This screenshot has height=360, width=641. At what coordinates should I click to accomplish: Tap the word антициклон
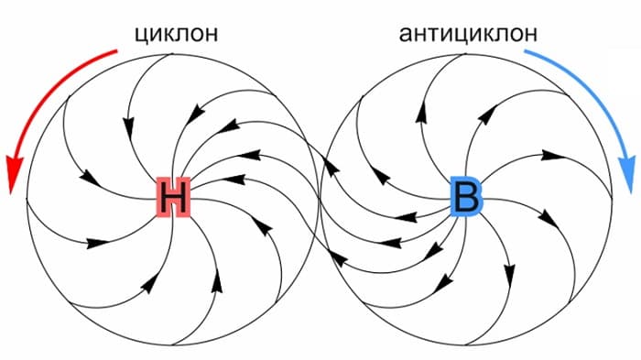coord(468,35)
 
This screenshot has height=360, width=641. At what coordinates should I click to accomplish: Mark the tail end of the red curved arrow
coord(116,53)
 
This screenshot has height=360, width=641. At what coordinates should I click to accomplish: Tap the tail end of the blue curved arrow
coord(525,53)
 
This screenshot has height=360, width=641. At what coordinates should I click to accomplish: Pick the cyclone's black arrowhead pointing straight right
coord(95,244)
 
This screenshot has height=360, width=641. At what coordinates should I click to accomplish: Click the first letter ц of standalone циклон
coord(141,36)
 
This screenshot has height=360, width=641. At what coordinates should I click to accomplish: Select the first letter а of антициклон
coord(406,35)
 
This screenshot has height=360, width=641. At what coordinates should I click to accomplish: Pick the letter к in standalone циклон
coord(170,35)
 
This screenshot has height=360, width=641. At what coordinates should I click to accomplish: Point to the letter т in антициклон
coord(435,35)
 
